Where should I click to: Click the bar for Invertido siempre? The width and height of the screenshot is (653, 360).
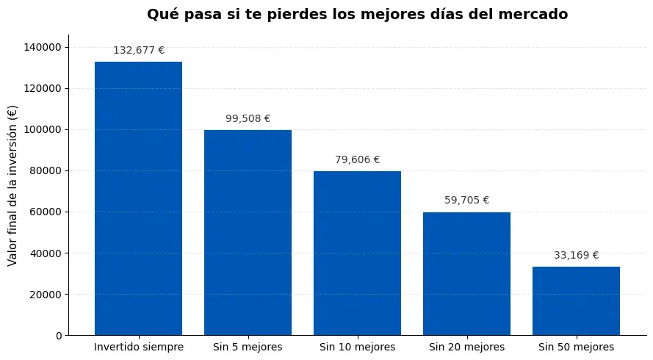[x=138, y=198]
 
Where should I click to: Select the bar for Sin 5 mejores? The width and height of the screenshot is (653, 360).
[x=248, y=232]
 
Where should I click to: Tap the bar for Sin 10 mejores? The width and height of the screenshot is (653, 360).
[x=357, y=253]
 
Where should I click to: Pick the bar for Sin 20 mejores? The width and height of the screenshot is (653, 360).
[x=466, y=273]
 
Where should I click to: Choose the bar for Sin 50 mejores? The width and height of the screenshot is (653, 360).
[x=576, y=300]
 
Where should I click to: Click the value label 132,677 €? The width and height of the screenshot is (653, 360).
[x=138, y=51]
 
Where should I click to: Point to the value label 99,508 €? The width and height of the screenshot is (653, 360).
[x=248, y=118]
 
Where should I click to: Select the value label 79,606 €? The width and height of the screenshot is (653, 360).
[x=357, y=159]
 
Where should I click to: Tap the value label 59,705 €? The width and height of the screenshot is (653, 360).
[x=466, y=200]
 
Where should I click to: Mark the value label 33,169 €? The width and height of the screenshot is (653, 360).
[x=576, y=255]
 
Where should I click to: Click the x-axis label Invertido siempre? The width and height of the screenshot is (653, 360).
[x=138, y=347]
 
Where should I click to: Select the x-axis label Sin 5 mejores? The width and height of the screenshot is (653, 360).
[x=248, y=347]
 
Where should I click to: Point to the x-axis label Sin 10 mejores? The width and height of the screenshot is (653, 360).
[x=357, y=347]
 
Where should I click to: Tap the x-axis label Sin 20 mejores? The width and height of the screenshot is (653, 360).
[x=466, y=347]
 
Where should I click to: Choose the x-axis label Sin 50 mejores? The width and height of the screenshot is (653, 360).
[x=576, y=347]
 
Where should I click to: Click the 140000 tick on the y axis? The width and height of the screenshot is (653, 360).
[x=43, y=47]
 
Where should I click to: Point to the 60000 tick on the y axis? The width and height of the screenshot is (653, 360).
[x=46, y=212]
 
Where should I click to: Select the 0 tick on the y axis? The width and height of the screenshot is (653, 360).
[x=59, y=336]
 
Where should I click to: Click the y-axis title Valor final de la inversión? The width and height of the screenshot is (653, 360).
[x=12, y=185]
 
